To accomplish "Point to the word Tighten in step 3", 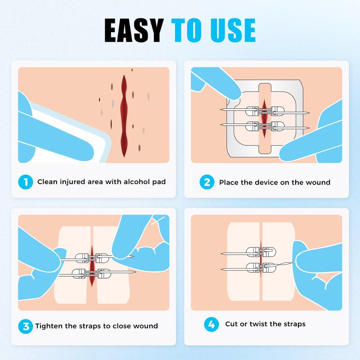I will (x=49, y=326).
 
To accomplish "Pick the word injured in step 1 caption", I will (x=73, y=182).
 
